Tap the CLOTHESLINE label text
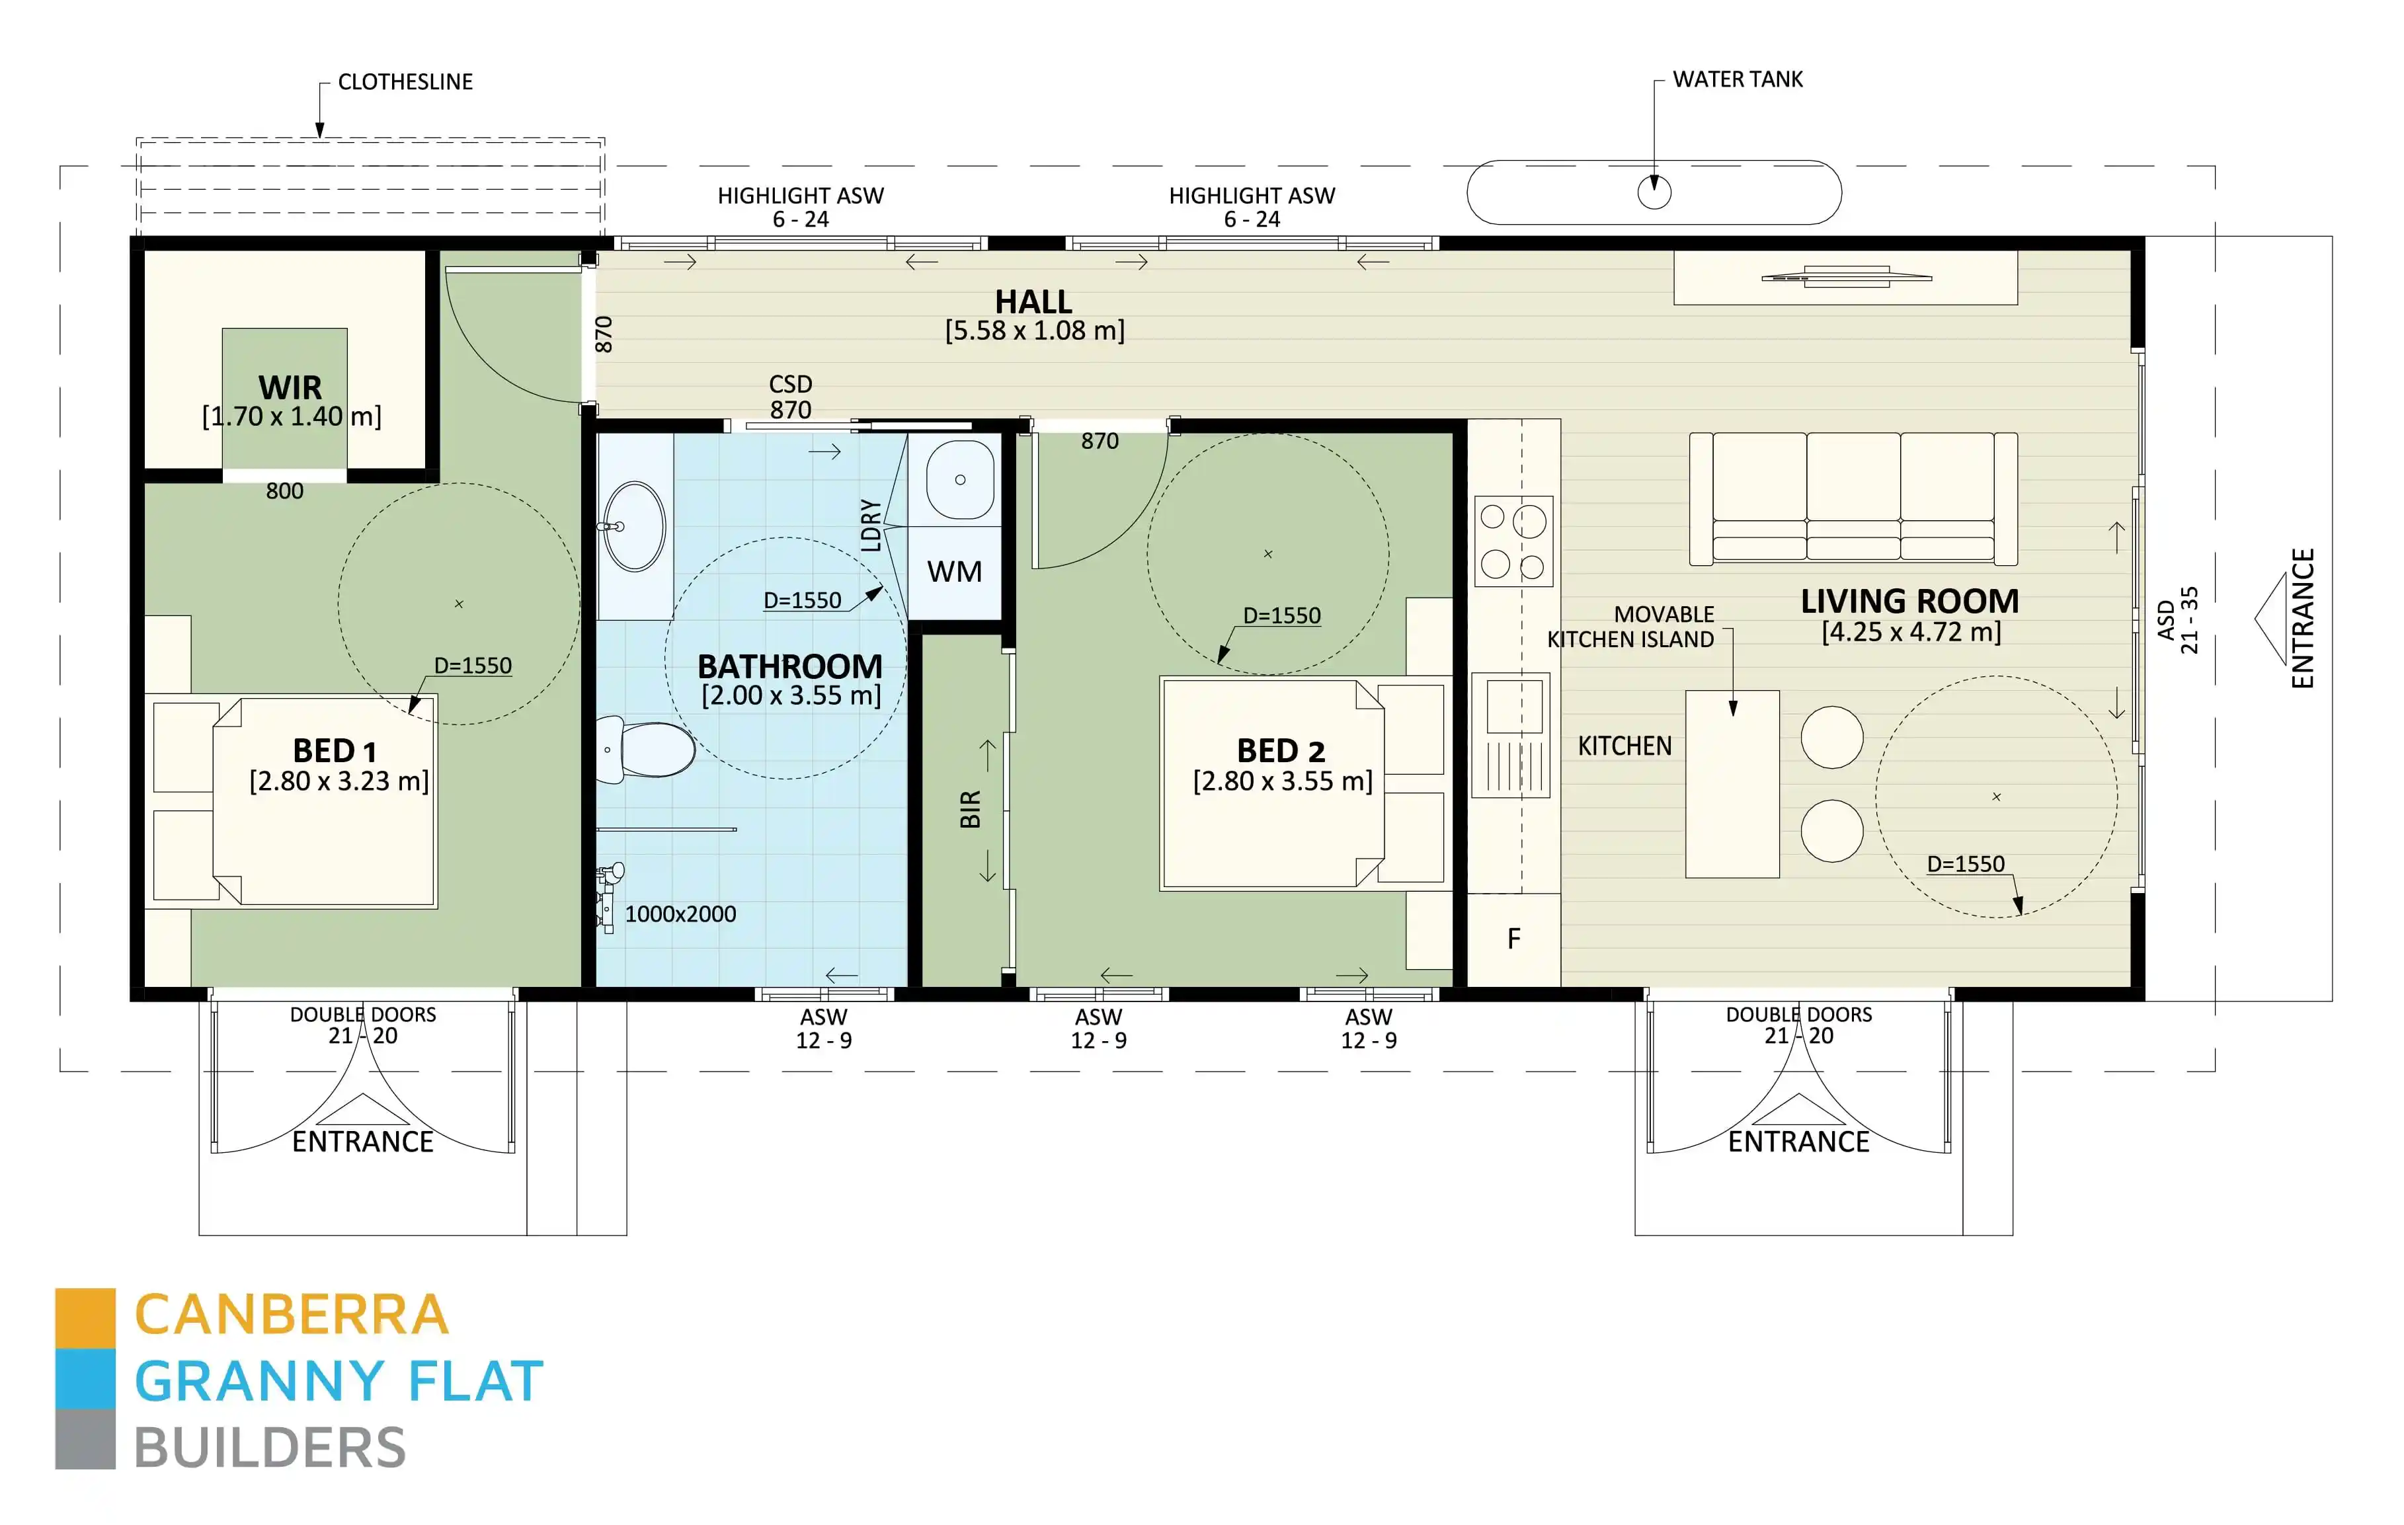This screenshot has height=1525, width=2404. click(x=405, y=82)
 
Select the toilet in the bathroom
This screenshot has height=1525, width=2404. click(x=651, y=750)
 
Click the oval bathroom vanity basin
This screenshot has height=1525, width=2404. click(x=635, y=526)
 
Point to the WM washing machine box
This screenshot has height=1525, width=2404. click(x=955, y=572)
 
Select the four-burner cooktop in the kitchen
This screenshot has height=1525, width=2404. click(x=1513, y=541)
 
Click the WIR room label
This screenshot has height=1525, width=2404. click(x=290, y=387)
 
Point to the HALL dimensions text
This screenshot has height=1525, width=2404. click(x=1034, y=331)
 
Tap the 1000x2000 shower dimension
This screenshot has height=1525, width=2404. click(x=681, y=914)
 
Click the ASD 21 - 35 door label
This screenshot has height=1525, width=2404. click(x=2177, y=620)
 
